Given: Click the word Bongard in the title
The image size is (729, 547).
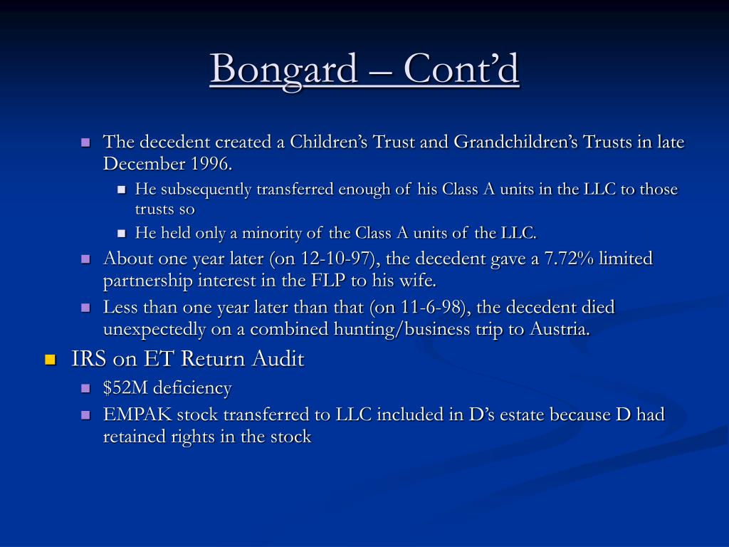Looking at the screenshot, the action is click(283, 69).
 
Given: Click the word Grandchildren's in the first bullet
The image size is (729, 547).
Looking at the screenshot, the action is click(515, 142).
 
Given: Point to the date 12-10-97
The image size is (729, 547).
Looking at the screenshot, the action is click(338, 258).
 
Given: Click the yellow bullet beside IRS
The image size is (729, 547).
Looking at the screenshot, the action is click(51, 360).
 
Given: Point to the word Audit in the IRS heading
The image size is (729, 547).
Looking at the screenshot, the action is click(278, 359).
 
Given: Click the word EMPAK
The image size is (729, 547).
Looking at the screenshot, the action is click(137, 415).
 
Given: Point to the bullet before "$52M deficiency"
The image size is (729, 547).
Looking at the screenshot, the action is click(85, 388).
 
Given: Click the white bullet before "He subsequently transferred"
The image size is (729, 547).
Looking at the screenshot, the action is click(122, 189).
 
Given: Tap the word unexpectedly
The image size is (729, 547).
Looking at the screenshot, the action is click(154, 330).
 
